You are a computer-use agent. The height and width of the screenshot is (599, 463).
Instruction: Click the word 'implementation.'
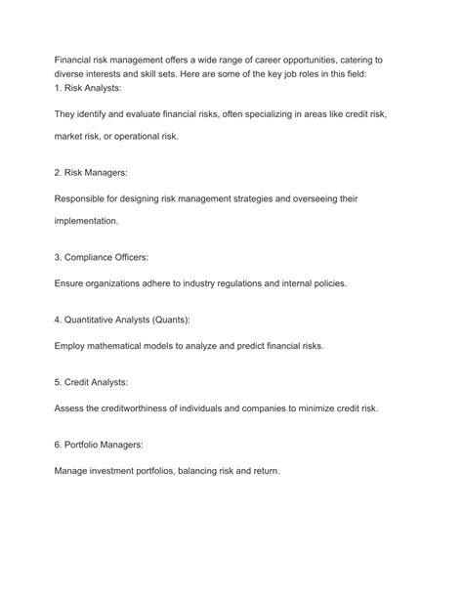86,221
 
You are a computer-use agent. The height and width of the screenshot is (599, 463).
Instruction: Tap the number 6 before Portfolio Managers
58,445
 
